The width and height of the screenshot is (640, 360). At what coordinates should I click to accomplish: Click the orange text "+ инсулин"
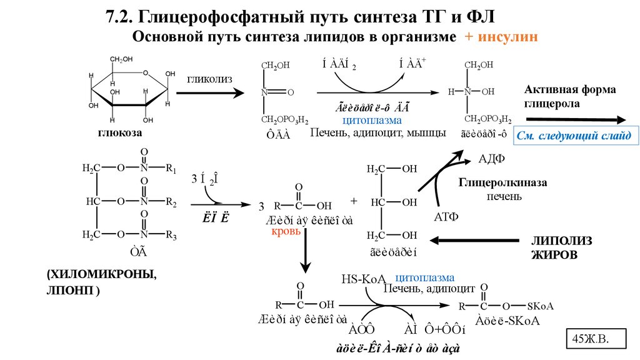500,37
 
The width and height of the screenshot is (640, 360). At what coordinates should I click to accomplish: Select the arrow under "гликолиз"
209,93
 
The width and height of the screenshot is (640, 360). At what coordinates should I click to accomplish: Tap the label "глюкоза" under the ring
120,133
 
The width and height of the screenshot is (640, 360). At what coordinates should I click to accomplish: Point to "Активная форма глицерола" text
570,96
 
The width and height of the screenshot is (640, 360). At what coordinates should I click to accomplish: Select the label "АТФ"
446,217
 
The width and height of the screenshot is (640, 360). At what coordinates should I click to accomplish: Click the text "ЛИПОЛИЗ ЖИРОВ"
561,247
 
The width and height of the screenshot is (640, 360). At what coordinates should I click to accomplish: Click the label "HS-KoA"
365,279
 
